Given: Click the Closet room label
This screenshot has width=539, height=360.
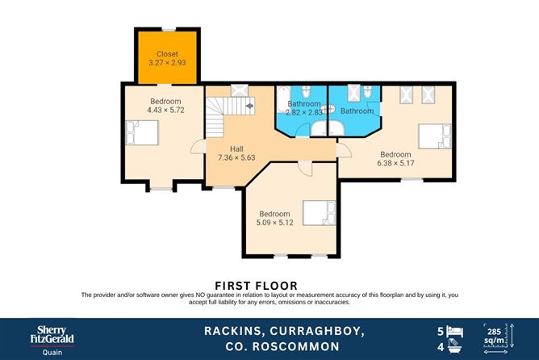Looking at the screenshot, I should pyautogui.click(x=167, y=54).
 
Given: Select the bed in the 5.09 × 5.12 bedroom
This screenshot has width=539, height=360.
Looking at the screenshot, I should pyautogui.click(x=314, y=213).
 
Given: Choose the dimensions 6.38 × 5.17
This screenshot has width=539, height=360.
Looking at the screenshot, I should pyautogui.click(x=396, y=164).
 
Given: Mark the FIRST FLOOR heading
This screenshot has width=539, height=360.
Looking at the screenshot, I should pyautogui.click(x=256, y=286).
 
